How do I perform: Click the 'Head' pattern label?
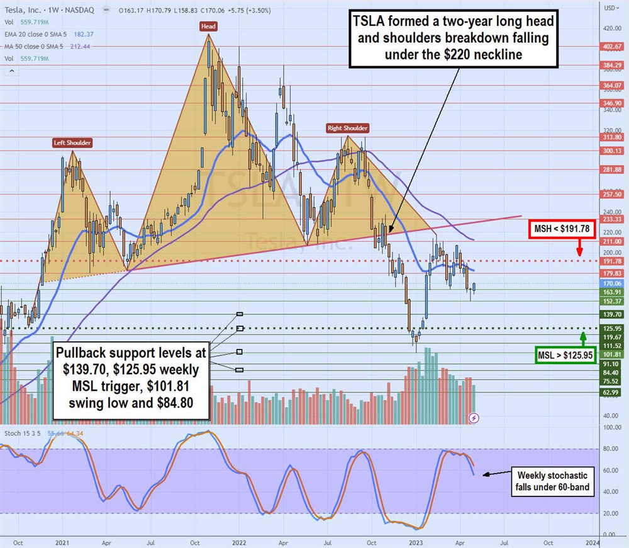point(209,26)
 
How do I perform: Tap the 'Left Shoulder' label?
point(72,143)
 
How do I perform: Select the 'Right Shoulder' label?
point(347,128)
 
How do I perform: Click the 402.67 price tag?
point(612,47)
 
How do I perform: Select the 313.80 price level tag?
point(612,137)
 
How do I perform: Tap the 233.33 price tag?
point(612,219)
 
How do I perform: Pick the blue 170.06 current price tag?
point(612,284)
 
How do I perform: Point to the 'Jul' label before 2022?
point(150,541)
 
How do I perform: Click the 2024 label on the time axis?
point(592,541)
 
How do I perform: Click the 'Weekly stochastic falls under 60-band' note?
point(552,481)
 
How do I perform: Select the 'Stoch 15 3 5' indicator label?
point(21,433)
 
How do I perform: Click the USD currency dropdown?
point(610,8)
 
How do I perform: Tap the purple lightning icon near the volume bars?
point(474,418)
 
